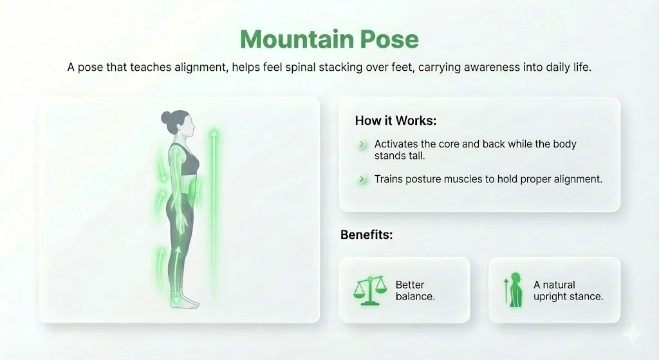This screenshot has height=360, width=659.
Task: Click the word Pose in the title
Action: [389, 40]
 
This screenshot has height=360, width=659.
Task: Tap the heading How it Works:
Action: [396, 121]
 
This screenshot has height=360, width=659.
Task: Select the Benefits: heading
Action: [366, 235]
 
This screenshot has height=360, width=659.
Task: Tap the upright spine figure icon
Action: [513, 290]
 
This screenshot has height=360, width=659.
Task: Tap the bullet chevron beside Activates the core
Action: [362, 144]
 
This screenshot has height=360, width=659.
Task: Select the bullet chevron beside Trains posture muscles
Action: [362, 179]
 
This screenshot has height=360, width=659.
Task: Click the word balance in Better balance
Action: [415, 297]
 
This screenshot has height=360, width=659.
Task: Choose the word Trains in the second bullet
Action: [388, 179]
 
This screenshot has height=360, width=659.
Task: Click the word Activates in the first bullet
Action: [398, 144]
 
